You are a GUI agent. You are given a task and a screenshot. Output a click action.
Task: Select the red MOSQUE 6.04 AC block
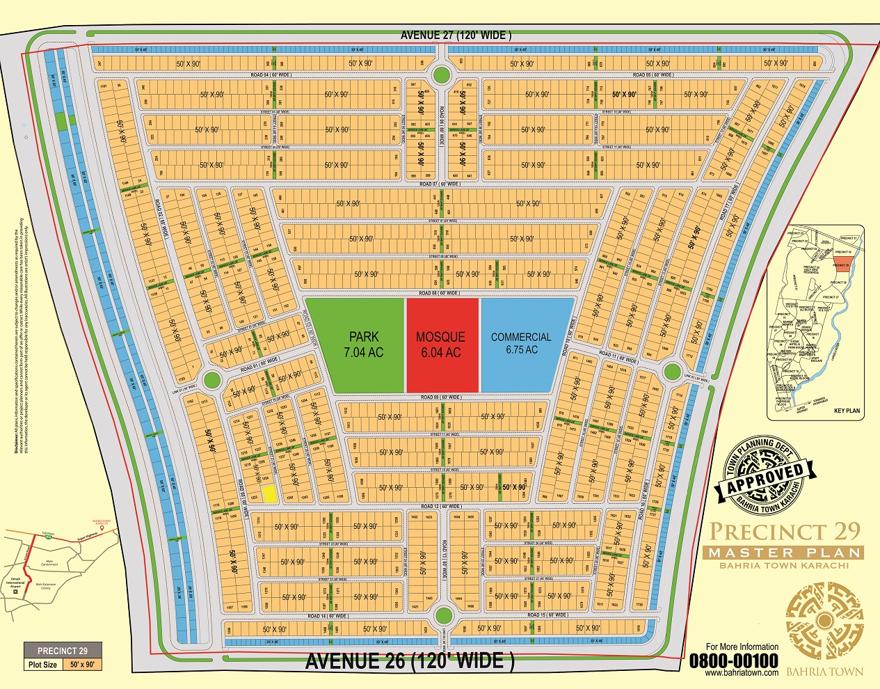(442, 344)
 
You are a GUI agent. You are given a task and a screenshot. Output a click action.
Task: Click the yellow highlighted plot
(270, 493)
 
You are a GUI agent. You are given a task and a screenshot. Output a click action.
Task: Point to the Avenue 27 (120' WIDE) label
(456, 35)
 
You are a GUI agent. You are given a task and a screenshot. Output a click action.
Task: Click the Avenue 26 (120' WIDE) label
(410, 661)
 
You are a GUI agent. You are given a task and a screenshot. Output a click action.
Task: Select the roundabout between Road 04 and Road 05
(440, 74)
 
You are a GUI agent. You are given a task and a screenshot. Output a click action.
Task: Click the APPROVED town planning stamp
(765, 475)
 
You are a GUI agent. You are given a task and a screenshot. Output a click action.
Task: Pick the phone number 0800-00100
(733, 660)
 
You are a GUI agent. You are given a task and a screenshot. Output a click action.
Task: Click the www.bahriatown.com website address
(741, 673)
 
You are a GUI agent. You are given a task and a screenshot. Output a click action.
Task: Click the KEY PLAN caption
(846, 411)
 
